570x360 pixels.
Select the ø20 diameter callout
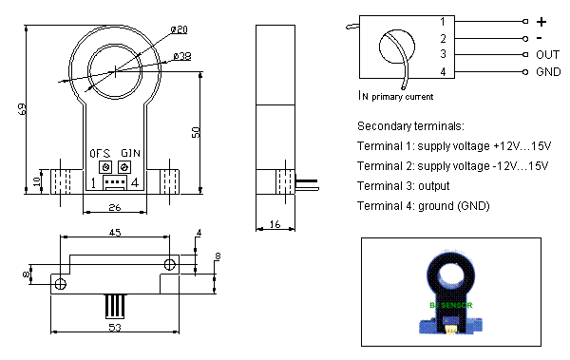(180, 29)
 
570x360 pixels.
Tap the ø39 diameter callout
(182, 57)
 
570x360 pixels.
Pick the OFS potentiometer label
(101, 153)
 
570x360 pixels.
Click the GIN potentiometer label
(129, 153)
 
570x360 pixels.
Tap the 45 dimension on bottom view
(113, 231)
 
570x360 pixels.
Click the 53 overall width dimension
(113, 328)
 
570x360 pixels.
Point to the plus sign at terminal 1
(541, 21)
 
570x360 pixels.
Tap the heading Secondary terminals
(410, 126)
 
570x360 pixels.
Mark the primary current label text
(396, 95)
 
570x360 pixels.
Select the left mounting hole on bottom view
(60, 283)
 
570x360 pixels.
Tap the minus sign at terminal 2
(541, 38)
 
